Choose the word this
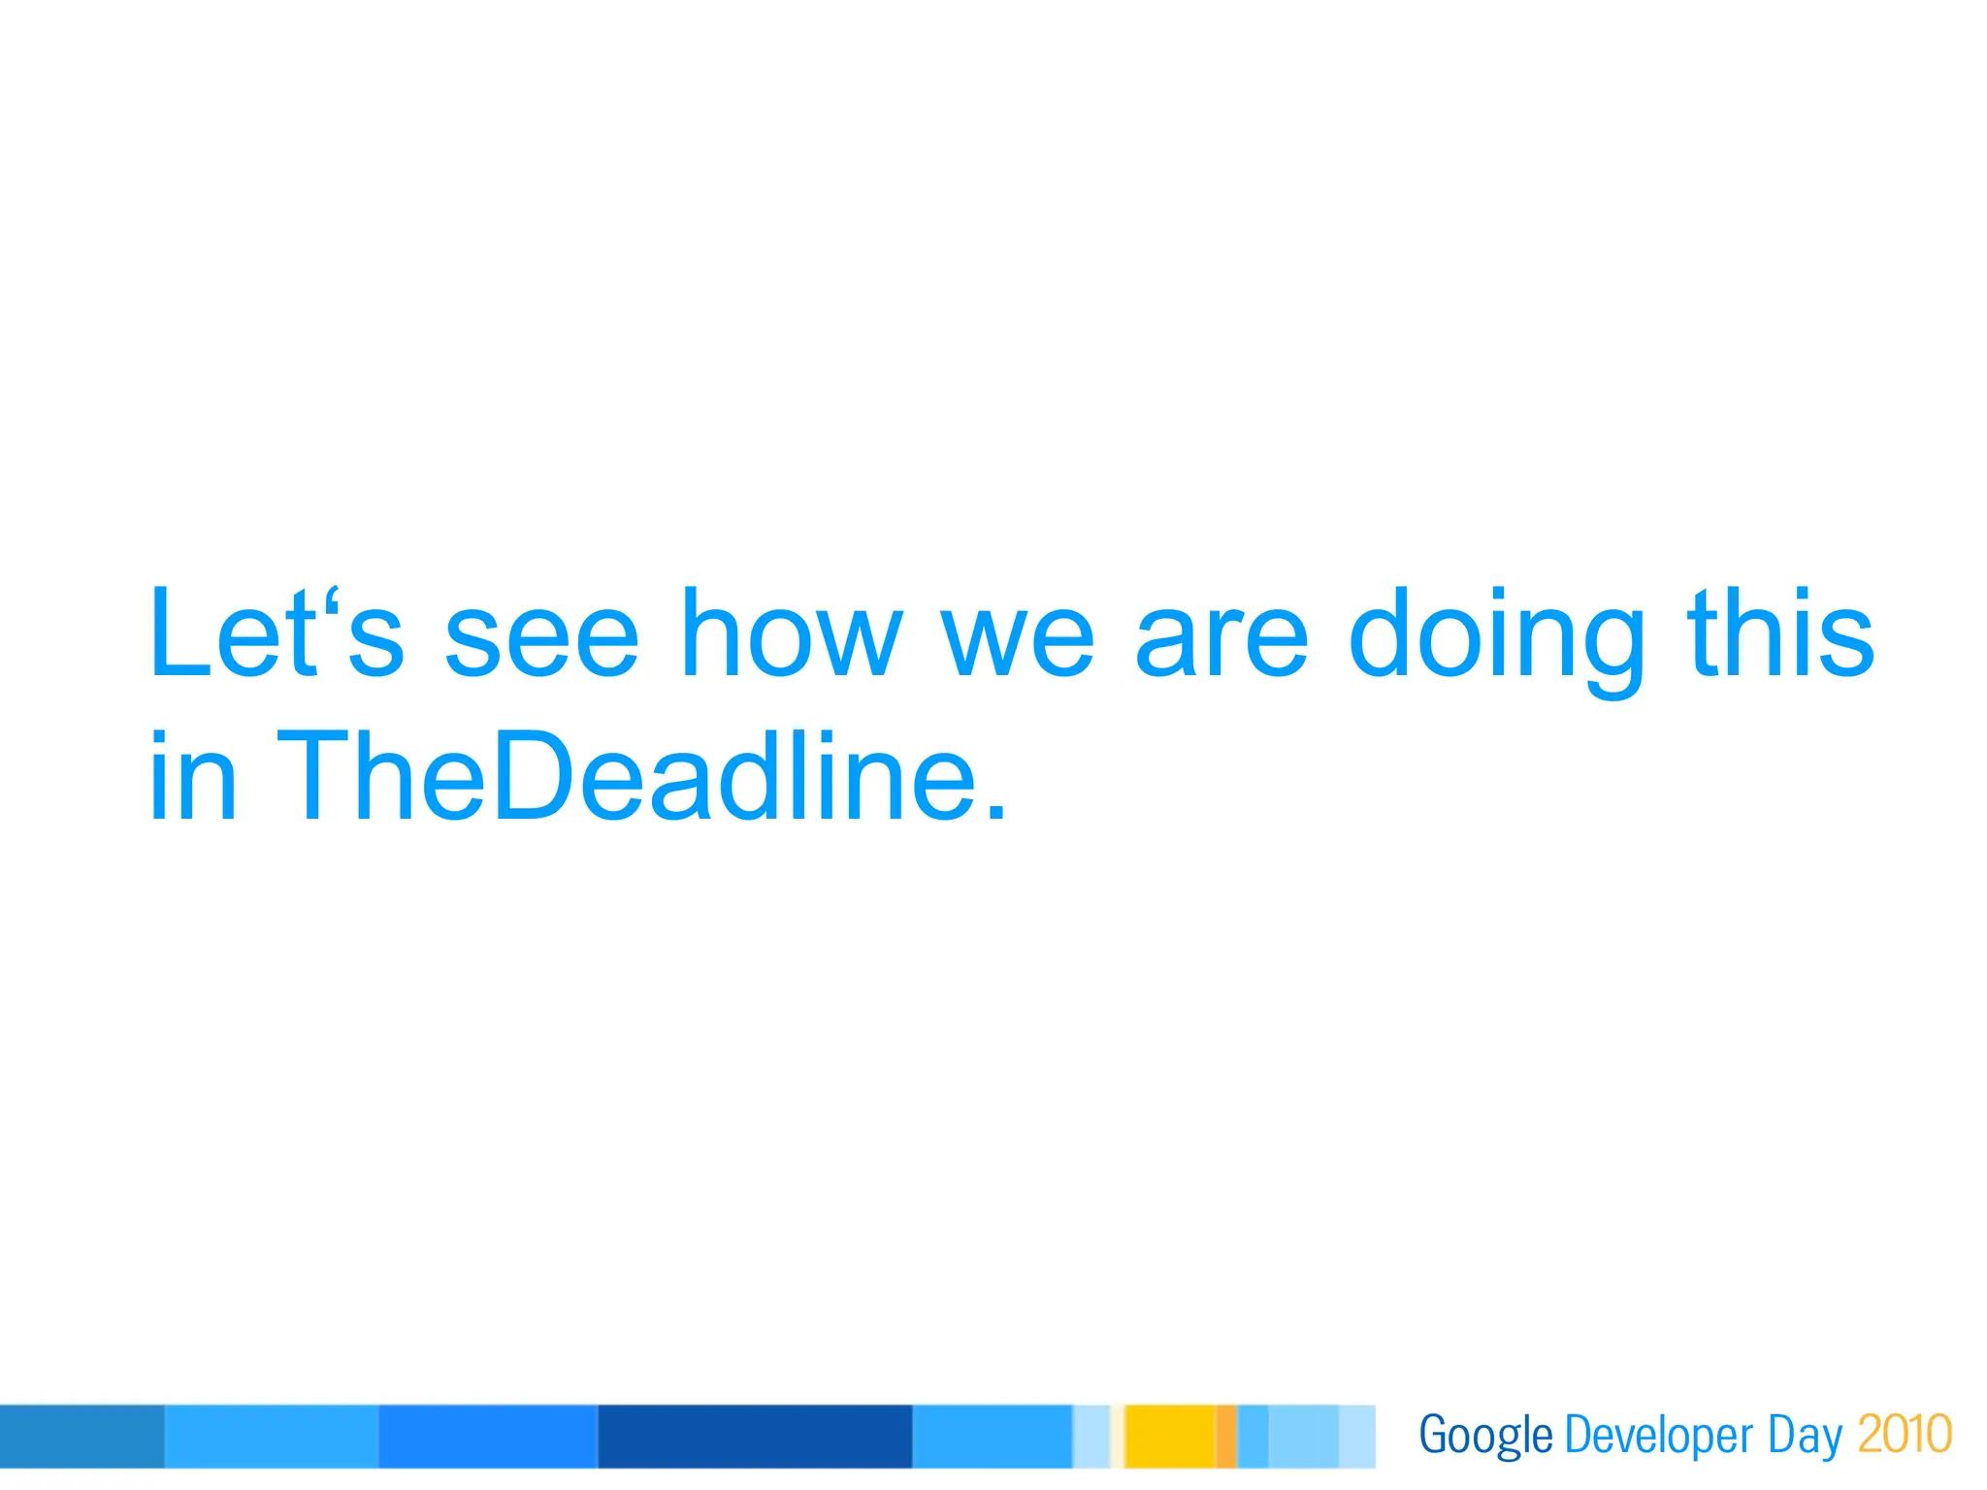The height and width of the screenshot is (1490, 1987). point(1780,633)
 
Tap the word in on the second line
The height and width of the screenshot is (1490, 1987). point(192,776)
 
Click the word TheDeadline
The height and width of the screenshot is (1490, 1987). point(626,776)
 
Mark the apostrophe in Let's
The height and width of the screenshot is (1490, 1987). point(333,599)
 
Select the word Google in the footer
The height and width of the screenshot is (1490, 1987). point(1485,1436)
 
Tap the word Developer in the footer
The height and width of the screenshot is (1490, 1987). point(1659,1436)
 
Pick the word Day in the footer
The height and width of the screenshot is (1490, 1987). point(1804,1436)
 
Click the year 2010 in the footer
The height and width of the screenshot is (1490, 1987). point(1905,1434)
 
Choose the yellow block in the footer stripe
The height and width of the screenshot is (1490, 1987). point(1169,1436)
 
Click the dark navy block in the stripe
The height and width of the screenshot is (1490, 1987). point(755,1436)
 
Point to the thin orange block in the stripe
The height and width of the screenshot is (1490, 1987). point(1226,1436)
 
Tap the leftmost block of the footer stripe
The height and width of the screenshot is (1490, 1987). point(81,1436)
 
